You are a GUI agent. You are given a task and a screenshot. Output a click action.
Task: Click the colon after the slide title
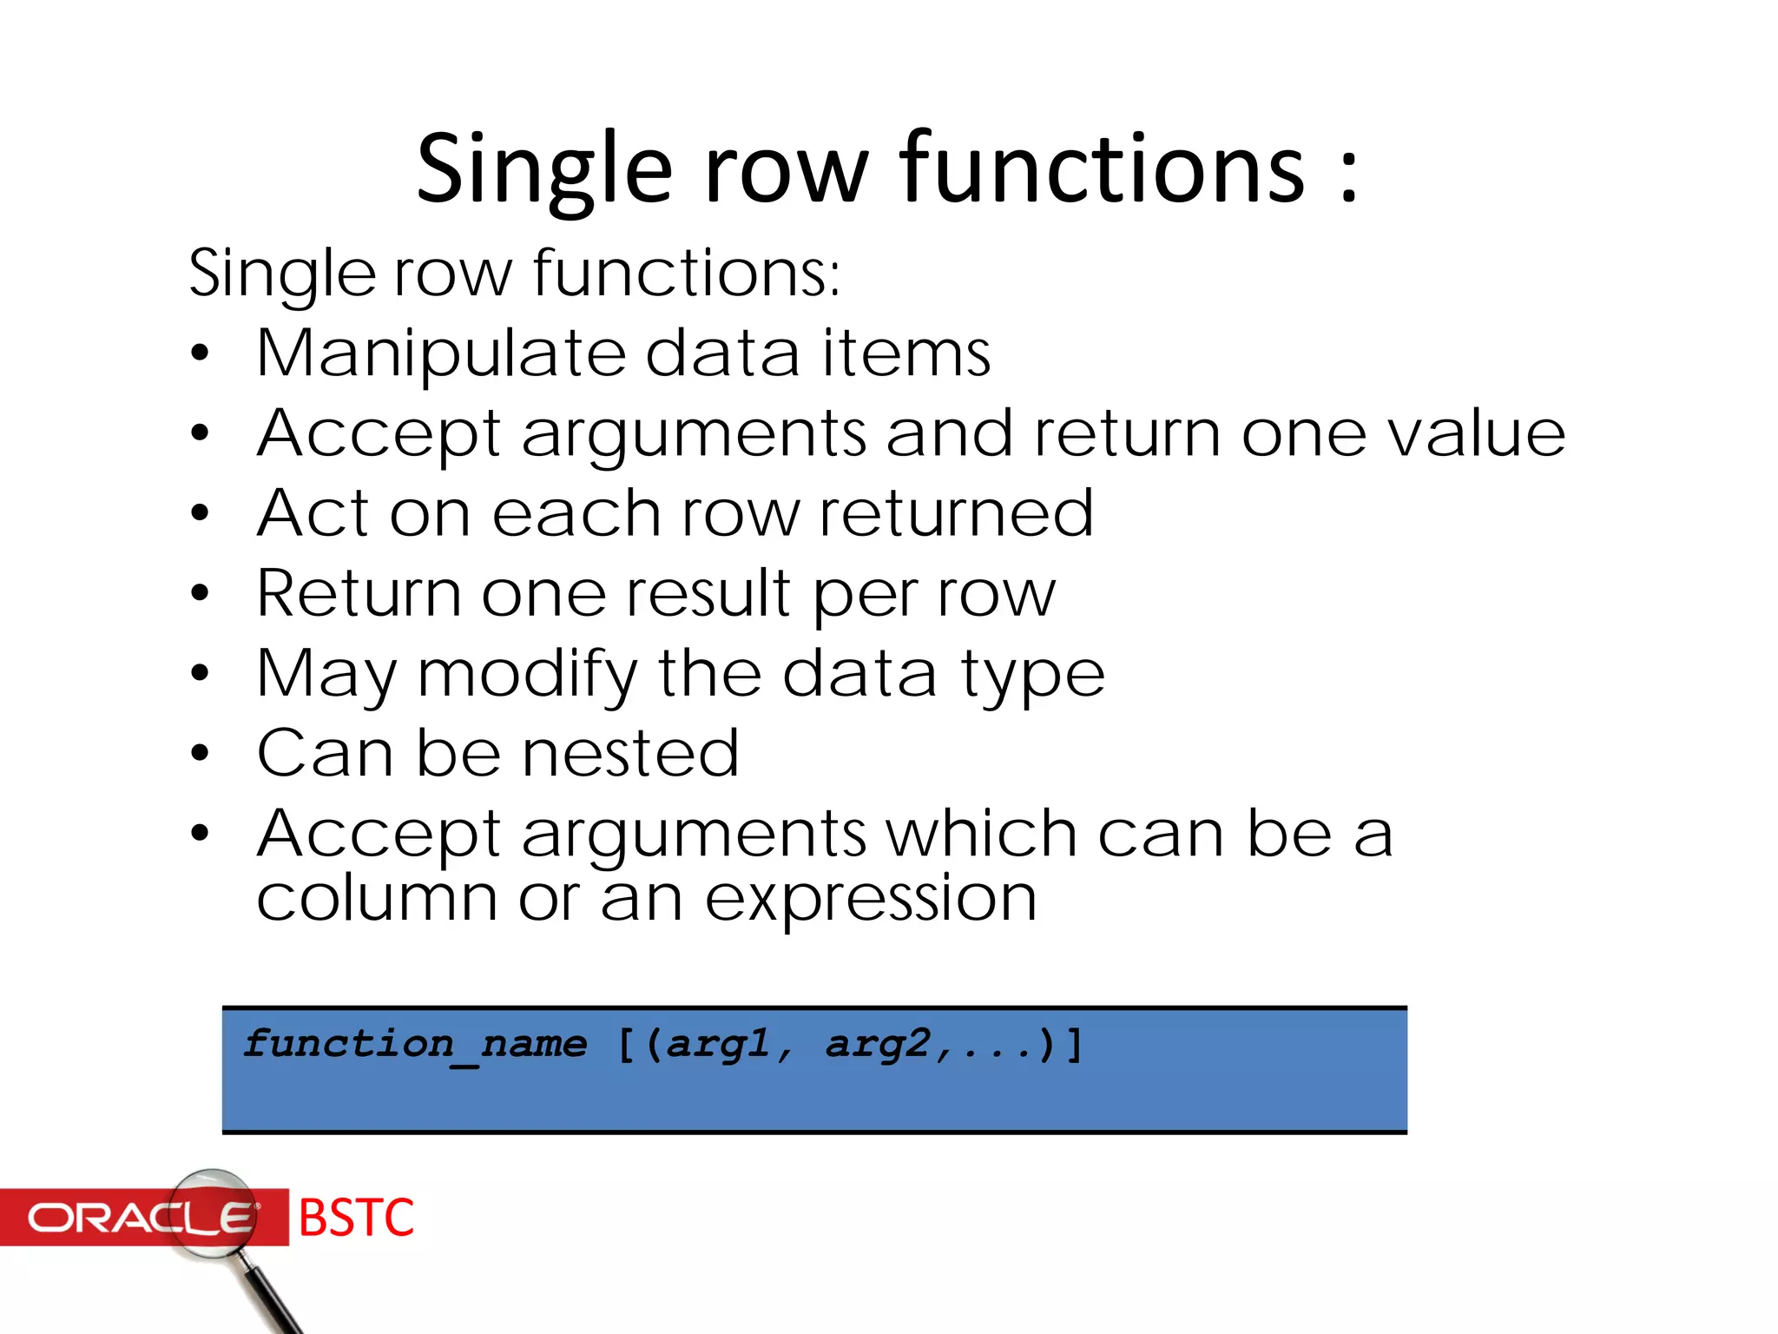[x=1348, y=174]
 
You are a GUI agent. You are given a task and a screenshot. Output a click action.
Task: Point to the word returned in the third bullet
[x=956, y=513]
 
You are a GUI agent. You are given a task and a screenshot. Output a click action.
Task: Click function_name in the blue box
[x=415, y=1044]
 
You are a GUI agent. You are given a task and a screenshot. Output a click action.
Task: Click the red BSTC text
[x=356, y=1218]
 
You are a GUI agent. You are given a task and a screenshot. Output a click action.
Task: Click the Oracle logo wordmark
[x=139, y=1218]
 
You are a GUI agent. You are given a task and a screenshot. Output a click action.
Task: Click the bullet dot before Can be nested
[x=201, y=753]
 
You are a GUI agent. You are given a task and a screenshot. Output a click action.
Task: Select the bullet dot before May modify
[x=201, y=673]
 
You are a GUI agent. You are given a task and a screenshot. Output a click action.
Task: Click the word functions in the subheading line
[x=686, y=273]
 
